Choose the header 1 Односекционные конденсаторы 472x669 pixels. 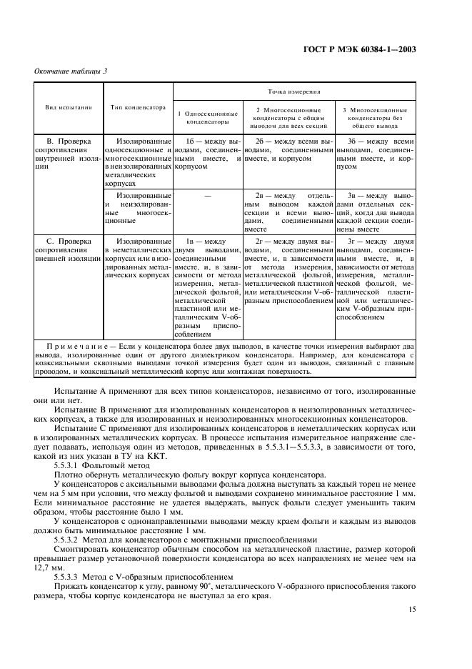click(x=207, y=117)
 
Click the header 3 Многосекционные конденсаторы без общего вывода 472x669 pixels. click(x=375, y=117)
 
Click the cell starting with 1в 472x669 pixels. click(x=207, y=286)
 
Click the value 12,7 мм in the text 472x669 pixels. click(x=49, y=569)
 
